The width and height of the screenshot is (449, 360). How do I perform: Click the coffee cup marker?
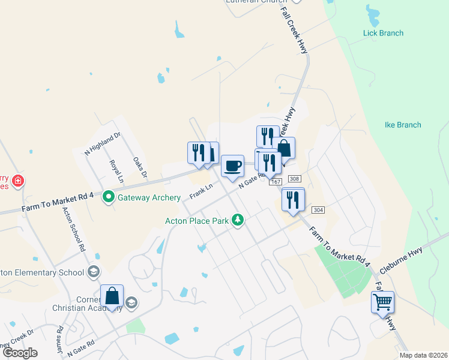(x=232, y=166)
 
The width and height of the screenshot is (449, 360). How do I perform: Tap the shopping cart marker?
(x=382, y=302)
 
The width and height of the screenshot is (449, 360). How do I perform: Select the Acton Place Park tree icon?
(x=238, y=220)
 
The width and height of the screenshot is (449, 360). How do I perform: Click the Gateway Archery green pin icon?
(x=109, y=197)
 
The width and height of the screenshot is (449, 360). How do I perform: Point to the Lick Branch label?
(x=383, y=33)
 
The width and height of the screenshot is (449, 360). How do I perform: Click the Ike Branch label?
(x=402, y=125)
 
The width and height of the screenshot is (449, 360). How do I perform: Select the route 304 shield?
(x=318, y=209)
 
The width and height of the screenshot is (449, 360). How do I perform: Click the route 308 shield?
(x=294, y=179)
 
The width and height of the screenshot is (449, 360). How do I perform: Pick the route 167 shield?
(x=276, y=182)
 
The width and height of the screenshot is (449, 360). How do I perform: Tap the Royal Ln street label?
(x=116, y=171)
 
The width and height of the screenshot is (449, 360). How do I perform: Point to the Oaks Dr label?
(x=140, y=169)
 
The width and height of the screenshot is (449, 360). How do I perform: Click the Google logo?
(x=20, y=353)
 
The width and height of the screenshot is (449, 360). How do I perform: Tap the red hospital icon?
(x=18, y=180)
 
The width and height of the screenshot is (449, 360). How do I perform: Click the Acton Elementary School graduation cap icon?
(x=93, y=272)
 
